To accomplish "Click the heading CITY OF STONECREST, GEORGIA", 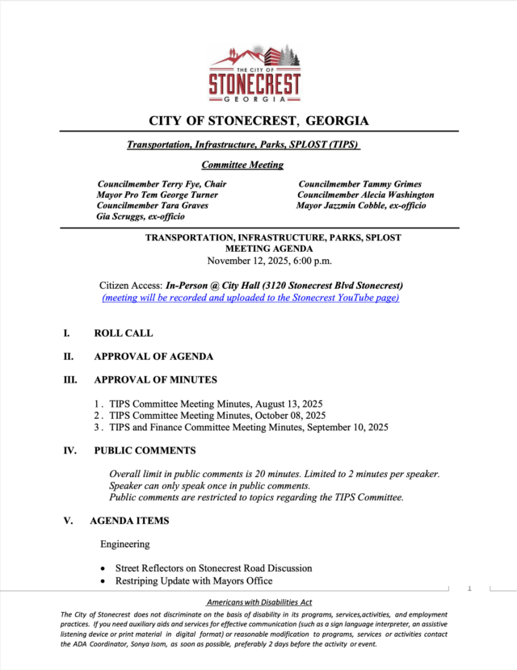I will (x=258, y=121).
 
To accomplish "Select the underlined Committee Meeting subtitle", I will (x=242, y=165).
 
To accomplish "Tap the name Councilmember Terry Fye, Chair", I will (x=162, y=184).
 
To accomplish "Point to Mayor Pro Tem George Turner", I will (x=157, y=195).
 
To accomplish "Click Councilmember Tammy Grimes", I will (x=359, y=184).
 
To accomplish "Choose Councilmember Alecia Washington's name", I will (x=365, y=195).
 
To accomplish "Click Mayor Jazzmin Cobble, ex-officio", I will (x=361, y=205).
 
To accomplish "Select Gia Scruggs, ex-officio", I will (x=141, y=216).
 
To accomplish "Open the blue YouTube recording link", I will (x=250, y=297).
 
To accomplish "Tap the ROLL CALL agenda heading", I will (x=123, y=333).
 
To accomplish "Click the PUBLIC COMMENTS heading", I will (x=145, y=450).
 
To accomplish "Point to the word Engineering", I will (x=125, y=545).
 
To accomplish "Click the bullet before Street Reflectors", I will (x=103, y=569).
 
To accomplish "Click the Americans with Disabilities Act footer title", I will (x=259, y=603).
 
